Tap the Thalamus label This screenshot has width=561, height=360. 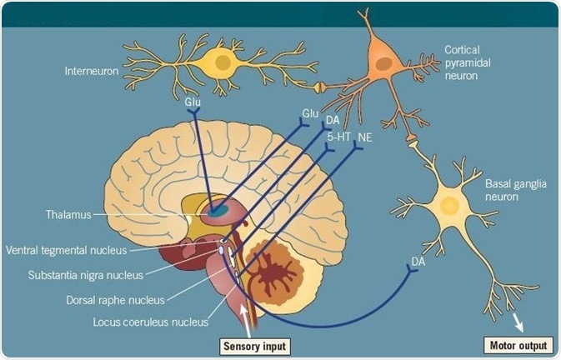point(69,214)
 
